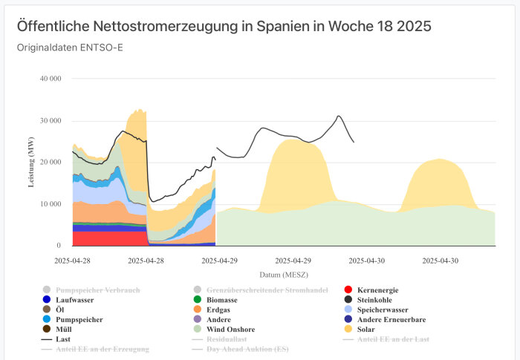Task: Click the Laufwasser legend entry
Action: coord(74,300)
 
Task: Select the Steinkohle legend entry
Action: coord(378,300)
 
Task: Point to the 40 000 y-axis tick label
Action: coord(51,79)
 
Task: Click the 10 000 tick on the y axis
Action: coord(51,204)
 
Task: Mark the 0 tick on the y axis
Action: coord(59,246)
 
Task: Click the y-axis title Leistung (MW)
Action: coord(32,162)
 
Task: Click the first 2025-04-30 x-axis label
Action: coord(367,261)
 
